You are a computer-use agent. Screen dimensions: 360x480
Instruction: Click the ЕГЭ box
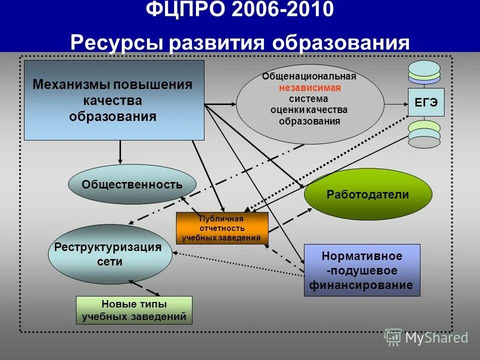tap(426, 102)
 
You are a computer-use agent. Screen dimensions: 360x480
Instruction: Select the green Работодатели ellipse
tap(368, 194)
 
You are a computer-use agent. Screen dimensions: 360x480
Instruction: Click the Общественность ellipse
tap(132, 184)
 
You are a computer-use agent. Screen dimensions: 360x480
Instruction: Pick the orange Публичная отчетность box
tap(222, 228)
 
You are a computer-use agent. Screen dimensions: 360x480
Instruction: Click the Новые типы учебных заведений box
tap(134, 310)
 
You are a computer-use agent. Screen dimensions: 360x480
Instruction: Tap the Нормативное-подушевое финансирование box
tap(362, 270)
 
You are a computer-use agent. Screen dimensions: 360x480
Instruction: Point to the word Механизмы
tap(70, 84)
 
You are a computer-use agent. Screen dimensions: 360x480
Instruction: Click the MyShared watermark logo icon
tap(393, 337)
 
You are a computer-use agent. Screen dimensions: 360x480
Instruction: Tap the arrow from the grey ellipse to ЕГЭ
tap(396, 104)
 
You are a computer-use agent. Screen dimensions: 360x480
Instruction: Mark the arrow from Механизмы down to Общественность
tap(120, 152)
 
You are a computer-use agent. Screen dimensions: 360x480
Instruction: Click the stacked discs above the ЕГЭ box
tap(424, 72)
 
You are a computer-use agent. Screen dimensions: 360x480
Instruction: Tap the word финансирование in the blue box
tap(361, 285)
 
